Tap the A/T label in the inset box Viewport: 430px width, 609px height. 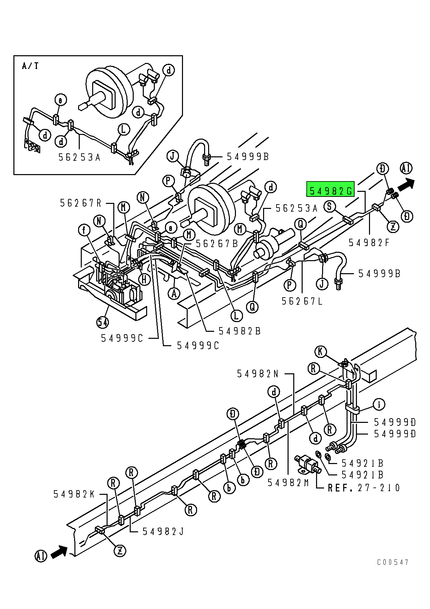click(30, 66)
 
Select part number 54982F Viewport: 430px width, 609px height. click(369, 242)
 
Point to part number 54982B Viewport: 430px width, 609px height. click(240, 331)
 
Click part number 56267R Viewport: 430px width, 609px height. click(81, 203)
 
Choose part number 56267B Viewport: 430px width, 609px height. click(217, 243)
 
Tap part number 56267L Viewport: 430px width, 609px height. click(302, 301)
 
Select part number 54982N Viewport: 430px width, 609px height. click(258, 374)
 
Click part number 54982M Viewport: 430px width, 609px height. click(288, 482)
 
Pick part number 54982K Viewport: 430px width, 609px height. click(74, 494)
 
